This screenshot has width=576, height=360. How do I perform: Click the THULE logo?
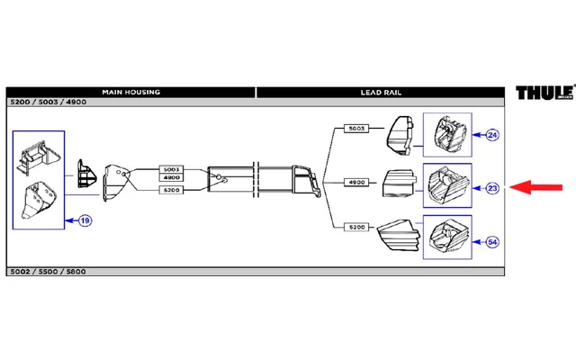coord(544,93)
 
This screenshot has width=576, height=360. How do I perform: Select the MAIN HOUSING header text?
coord(130,92)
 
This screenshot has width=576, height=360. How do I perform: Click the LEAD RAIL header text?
coord(380,92)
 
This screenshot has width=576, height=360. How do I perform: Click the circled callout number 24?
coord(491,136)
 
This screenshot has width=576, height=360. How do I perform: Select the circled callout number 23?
coord(492,188)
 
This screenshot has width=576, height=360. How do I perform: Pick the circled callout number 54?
coord(491,241)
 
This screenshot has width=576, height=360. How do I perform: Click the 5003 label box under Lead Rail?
coord(356,130)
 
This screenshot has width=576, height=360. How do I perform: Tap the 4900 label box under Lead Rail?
coord(356,183)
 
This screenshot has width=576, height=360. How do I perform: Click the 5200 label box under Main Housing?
coord(171,191)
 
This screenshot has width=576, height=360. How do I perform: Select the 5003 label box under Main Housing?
coord(171,169)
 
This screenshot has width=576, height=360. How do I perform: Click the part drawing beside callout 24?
coord(447,136)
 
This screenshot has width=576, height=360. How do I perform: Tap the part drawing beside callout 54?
coord(447,238)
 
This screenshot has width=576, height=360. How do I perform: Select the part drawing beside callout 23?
coord(447,185)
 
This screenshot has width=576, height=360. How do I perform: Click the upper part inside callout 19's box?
coord(38,157)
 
